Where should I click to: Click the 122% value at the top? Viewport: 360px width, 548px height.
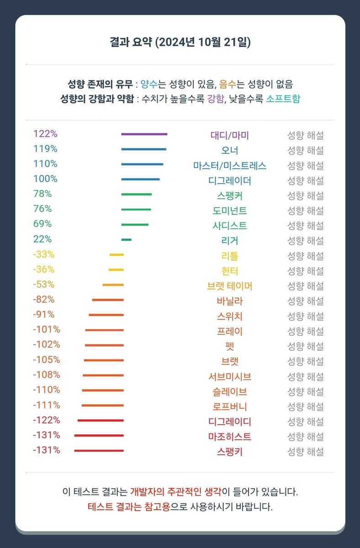(45, 134)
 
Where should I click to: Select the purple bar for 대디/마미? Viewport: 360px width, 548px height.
(144, 134)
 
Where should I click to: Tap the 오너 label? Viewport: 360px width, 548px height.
(229, 150)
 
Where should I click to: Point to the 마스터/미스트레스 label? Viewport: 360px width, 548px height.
(229, 166)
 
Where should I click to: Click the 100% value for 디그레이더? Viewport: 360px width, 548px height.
(45, 179)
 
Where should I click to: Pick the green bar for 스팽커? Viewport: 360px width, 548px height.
(137, 195)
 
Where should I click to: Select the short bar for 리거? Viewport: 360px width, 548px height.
(127, 240)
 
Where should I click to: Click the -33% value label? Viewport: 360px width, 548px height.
(44, 254)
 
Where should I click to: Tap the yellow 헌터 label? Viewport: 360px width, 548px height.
(229, 271)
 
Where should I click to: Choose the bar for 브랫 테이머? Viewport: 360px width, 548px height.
(113, 285)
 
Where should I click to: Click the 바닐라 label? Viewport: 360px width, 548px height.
(229, 301)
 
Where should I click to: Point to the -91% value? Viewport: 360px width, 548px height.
(44, 314)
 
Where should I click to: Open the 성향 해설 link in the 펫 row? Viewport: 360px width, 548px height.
(306, 347)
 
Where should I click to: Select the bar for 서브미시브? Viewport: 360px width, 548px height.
(103, 375)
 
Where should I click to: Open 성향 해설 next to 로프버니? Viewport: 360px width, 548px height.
(306, 407)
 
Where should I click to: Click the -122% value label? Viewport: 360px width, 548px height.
(47, 420)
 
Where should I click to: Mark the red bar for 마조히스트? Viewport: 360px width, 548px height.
(99, 436)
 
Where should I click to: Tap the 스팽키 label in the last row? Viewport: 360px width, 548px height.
(229, 452)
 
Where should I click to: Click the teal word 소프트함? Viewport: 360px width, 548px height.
(283, 99)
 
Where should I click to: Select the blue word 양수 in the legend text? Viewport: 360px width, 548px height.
(149, 84)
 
